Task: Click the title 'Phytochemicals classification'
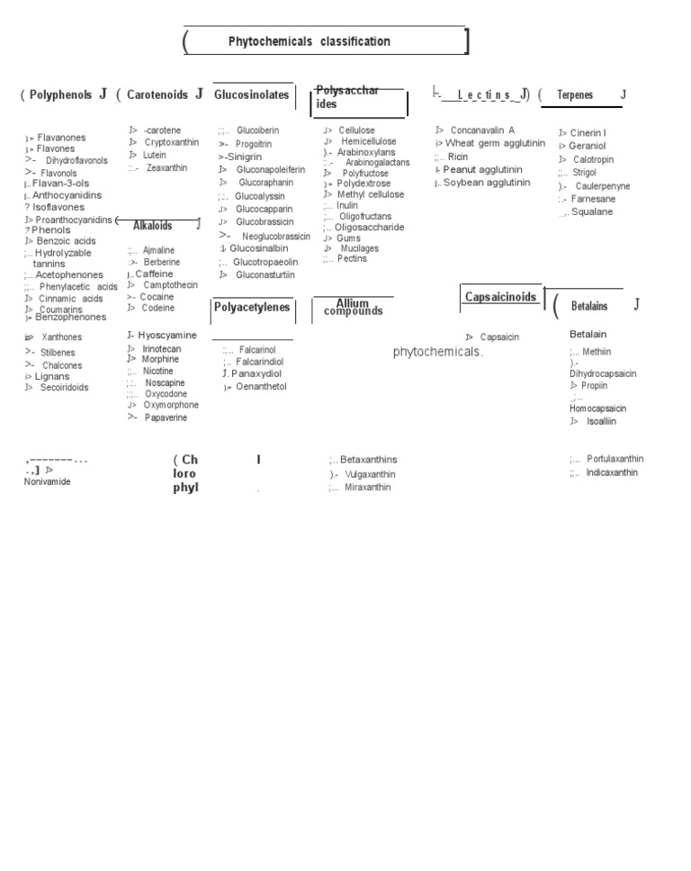click(309, 41)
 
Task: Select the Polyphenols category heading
click(60, 94)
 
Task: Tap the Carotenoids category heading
click(157, 94)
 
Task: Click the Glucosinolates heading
click(252, 94)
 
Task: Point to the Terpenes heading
click(576, 95)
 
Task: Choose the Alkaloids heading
click(153, 226)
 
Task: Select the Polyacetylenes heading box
click(252, 308)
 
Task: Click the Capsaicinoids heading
click(500, 297)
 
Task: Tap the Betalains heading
click(589, 307)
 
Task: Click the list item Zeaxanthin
click(166, 167)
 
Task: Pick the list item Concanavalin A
click(482, 130)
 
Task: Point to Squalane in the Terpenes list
click(592, 212)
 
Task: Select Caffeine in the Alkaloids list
click(154, 274)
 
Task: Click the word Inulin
click(346, 205)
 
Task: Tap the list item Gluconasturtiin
click(265, 275)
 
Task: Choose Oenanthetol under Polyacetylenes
click(261, 387)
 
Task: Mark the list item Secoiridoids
click(64, 388)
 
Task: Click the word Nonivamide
click(47, 481)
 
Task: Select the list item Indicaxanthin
click(612, 472)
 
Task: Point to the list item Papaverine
click(166, 418)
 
